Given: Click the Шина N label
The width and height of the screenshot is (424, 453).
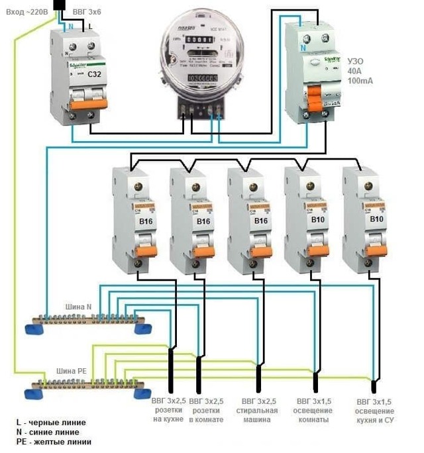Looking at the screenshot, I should coord(78,307).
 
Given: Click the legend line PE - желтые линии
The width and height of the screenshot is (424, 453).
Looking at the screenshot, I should coord(54,442).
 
